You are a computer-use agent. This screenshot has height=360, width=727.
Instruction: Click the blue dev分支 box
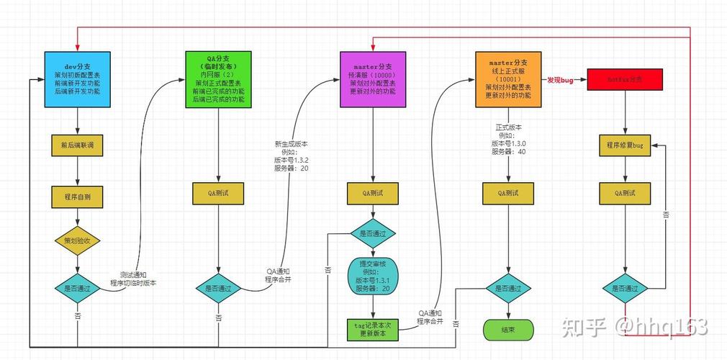click(78, 79)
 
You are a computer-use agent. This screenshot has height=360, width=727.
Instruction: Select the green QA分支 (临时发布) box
click(218, 79)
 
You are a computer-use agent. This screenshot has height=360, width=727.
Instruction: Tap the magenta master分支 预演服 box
click(372, 79)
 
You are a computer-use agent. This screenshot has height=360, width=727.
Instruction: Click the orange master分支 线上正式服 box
click(507, 79)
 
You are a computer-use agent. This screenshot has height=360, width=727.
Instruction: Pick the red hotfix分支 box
click(624, 80)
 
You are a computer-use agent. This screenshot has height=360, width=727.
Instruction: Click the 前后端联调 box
click(78, 145)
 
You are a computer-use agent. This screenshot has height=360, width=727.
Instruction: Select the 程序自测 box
click(78, 196)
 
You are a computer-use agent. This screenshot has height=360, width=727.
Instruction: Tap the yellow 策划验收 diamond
click(78, 240)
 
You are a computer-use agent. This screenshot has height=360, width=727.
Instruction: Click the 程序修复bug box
click(624, 145)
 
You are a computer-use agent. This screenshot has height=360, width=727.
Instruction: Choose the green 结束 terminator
click(508, 329)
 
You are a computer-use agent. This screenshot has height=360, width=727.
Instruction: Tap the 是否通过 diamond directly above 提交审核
click(372, 233)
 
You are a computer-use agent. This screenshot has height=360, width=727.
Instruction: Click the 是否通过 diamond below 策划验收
click(78, 288)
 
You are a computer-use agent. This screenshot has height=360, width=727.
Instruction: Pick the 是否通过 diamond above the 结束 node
click(508, 288)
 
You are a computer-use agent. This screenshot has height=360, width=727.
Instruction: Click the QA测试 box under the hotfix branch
click(624, 193)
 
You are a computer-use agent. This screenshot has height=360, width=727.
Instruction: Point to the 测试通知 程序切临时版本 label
click(133, 279)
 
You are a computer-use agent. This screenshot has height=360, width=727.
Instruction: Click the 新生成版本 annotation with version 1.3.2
click(291, 154)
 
